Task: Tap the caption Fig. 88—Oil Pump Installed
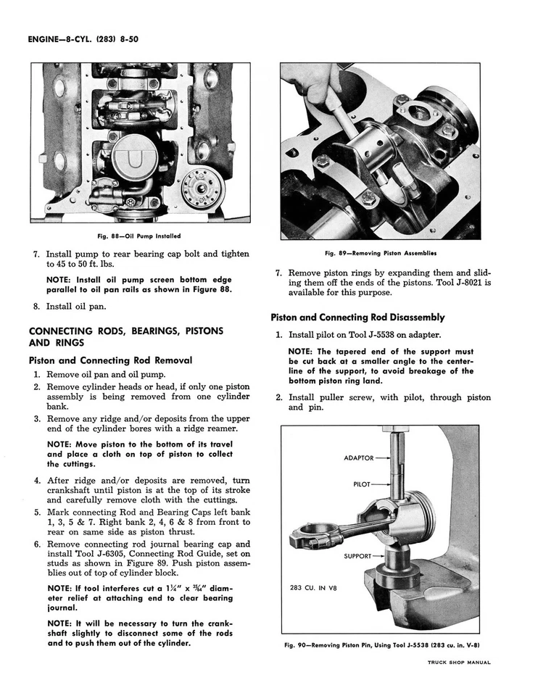[139, 236]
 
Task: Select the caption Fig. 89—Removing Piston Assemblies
[380, 253]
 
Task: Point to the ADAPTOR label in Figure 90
[358, 458]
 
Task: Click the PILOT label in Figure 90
[362, 484]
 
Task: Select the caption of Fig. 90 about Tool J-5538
[383, 645]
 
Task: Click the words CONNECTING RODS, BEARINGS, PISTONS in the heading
[125, 331]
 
